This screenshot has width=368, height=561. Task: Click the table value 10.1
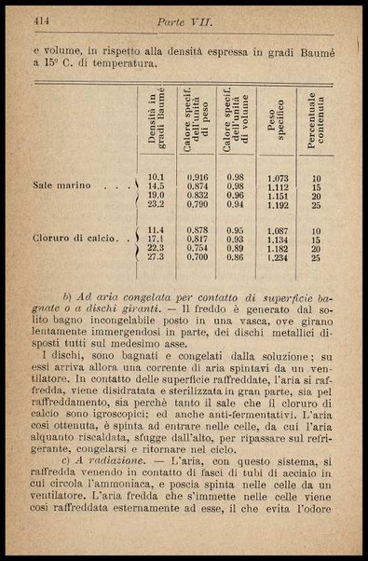click(156, 177)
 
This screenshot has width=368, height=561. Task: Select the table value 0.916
click(197, 177)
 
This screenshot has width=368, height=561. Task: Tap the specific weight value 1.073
click(277, 177)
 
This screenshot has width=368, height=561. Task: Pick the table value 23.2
click(156, 204)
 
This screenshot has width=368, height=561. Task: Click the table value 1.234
click(277, 257)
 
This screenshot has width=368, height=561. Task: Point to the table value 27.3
click(156, 257)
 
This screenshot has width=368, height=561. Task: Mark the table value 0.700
click(197, 257)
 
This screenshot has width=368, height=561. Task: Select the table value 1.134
click(277, 239)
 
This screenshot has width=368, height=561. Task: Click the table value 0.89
click(236, 249)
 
